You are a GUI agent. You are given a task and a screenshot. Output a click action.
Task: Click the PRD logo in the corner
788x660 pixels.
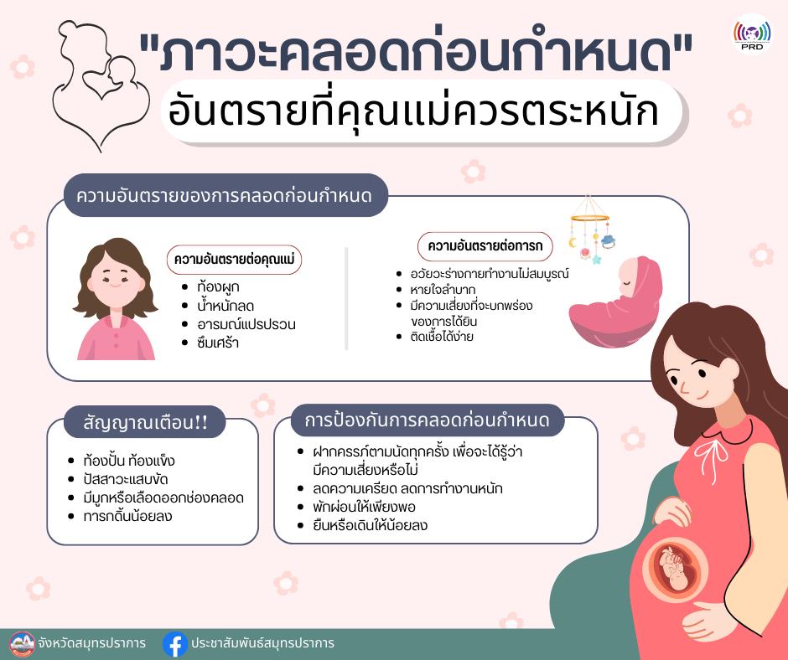(x=752, y=34)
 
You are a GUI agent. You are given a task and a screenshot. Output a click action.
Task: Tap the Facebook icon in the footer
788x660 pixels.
(x=175, y=643)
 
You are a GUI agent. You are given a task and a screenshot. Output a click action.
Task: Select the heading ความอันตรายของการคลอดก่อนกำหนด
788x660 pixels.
(x=224, y=195)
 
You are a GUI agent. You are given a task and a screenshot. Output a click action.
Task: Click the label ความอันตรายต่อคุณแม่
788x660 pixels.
(x=234, y=259)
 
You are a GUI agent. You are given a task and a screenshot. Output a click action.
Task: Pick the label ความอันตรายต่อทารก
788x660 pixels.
(x=485, y=245)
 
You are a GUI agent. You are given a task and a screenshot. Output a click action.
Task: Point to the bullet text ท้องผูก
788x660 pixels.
(x=218, y=286)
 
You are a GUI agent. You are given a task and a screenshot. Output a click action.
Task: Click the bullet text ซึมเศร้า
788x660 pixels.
(x=218, y=343)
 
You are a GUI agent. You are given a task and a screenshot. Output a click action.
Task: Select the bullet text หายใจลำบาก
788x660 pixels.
(x=443, y=289)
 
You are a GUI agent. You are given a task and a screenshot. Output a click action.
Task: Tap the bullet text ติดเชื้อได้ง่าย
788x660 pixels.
(x=442, y=336)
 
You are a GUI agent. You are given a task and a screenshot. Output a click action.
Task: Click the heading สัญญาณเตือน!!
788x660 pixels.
(x=145, y=422)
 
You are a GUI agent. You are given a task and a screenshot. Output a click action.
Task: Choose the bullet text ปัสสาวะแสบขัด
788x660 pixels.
(x=126, y=479)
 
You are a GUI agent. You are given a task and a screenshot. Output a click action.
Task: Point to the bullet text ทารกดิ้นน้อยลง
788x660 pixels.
(x=127, y=516)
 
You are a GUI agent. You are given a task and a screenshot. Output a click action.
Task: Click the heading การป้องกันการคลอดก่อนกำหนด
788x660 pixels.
(x=428, y=420)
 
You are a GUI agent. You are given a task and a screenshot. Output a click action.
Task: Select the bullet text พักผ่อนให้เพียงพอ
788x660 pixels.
(x=364, y=506)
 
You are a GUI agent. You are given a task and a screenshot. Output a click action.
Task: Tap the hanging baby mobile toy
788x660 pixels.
(x=592, y=230)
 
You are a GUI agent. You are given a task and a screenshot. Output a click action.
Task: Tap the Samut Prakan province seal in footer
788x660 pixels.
(x=22, y=644)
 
